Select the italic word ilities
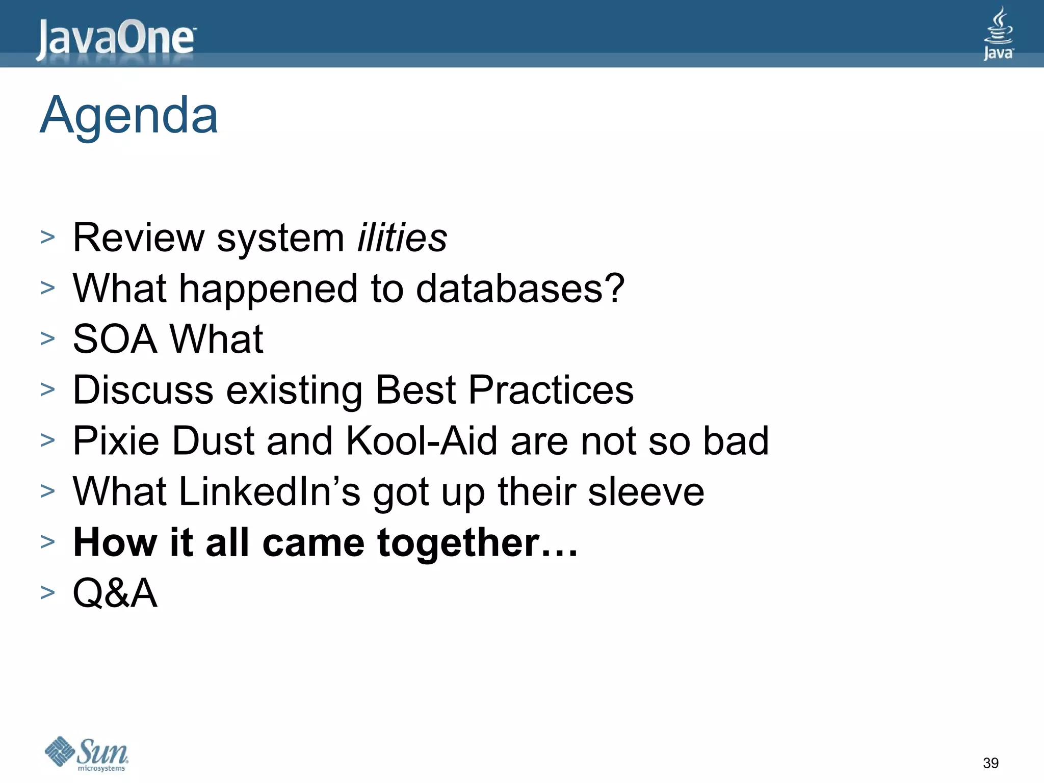coord(402,238)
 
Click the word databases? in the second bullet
coord(520,289)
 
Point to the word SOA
coord(115,339)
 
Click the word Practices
coord(551,390)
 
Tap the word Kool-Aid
coord(421,440)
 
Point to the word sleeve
coord(646,491)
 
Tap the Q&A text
coord(115,593)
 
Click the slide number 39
coord(990,763)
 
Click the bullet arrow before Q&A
coord(47,592)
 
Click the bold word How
coord(115,542)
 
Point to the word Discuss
coord(143,390)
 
